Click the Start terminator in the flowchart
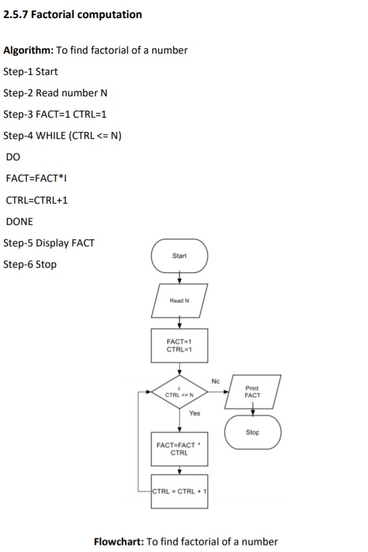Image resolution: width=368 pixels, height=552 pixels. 179,257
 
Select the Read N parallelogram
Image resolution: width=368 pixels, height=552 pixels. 179,301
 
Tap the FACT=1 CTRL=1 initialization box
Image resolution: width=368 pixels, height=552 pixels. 179,346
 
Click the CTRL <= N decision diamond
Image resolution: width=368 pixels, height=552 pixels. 179,392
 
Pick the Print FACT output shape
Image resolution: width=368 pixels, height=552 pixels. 253,391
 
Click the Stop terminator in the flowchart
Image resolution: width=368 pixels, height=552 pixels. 253,431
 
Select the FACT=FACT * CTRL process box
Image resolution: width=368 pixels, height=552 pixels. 179,449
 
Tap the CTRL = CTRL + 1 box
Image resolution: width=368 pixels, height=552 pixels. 179,493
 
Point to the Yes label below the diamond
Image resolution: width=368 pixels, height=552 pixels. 194,412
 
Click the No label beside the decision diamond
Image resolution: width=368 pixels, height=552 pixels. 215,381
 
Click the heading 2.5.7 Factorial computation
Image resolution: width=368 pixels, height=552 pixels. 72,14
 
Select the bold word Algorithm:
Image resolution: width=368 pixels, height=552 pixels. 28,50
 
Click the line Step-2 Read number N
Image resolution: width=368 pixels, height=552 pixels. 56,92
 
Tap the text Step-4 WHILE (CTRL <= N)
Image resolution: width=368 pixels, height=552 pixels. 63,135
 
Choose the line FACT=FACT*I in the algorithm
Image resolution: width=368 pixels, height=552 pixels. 35,178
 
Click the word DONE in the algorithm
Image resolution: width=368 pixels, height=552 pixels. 19,221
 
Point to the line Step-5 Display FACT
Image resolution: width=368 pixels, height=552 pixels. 49,243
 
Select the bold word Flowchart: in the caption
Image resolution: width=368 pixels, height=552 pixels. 119,542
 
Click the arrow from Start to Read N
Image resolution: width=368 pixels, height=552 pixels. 179,278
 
